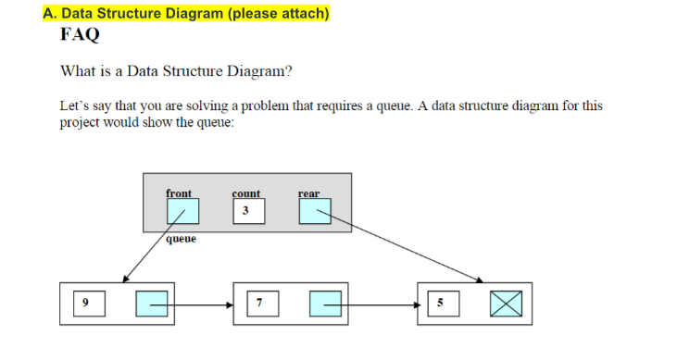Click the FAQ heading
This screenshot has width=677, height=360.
coord(80,36)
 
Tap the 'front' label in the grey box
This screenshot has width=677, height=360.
coord(179,193)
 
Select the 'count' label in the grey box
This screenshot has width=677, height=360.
coord(246,193)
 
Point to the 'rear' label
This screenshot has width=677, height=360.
coord(309,193)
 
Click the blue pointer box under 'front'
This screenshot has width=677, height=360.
coord(182,214)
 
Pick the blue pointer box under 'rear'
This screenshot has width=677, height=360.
coord(315,213)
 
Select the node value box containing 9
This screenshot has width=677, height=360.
coord(85,303)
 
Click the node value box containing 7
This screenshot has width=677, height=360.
coord(261,303)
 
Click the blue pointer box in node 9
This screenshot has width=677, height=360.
coord(152,304)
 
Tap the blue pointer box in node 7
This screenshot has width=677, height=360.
coord(327,304)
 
